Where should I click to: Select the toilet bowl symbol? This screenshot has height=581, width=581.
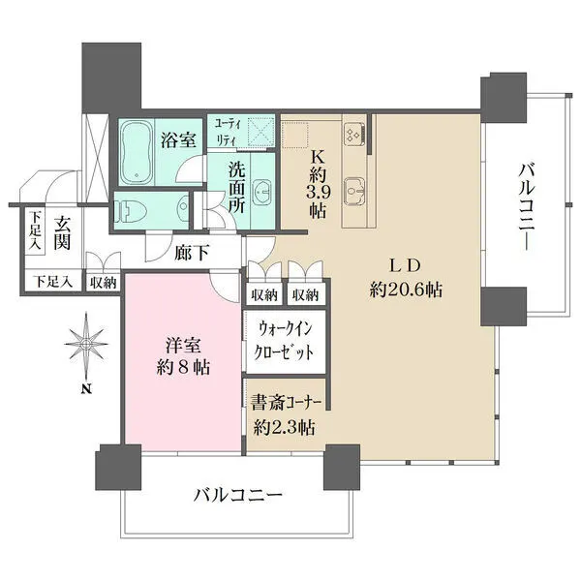(135, 207)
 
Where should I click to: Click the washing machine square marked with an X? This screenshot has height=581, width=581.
(259, 132)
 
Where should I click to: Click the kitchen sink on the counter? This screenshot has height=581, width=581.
(354, 188)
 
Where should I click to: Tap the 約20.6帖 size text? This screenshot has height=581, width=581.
(406, 289)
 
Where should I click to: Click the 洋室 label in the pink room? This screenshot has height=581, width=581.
(180, 346)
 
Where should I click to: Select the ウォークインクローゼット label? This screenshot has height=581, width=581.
(285, 342)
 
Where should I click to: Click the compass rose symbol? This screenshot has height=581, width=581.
(85, 346)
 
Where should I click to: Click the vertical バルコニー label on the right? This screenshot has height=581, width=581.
(528, 206)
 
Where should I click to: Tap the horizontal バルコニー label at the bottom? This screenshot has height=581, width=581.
(236, 495)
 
